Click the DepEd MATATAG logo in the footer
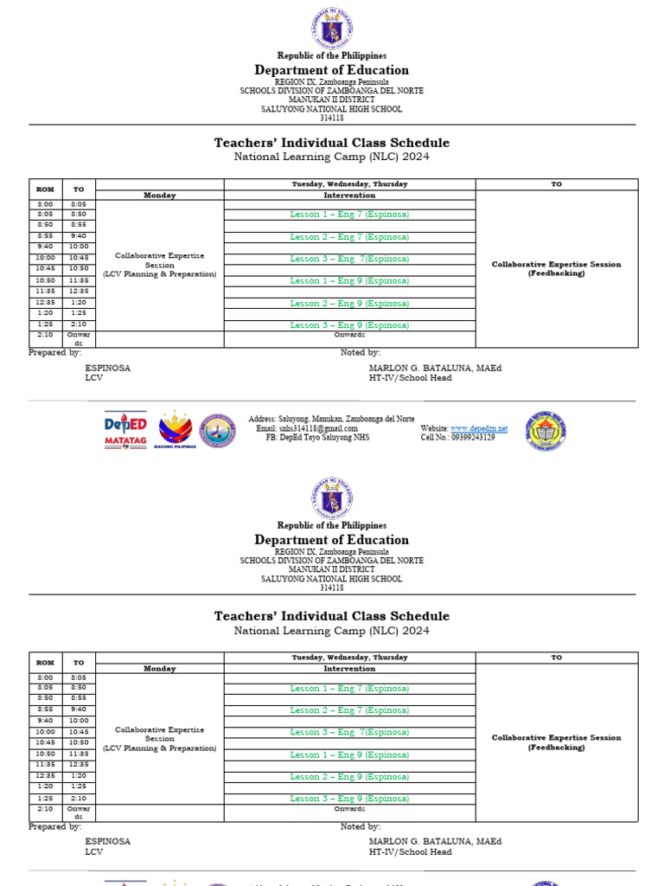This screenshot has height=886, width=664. pos(125,429)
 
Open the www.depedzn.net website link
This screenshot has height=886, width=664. pos(478,428)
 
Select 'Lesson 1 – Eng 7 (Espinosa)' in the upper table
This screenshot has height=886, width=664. pos(349,214)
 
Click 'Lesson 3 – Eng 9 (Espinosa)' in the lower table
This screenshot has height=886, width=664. pos(349,799)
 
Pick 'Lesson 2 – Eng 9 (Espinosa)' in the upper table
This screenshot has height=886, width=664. pos(349,304)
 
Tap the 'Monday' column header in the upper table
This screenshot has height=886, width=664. pos(159,196)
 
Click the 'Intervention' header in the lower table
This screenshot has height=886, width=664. pos(349,669)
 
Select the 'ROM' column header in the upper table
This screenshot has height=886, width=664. pos(44,189)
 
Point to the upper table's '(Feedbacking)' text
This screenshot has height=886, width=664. pos(556,273)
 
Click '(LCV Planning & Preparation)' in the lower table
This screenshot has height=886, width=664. pos(159,748)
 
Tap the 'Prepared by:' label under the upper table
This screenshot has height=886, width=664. pos(55,353)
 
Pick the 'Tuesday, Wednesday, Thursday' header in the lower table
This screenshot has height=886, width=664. pos(349,658)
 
